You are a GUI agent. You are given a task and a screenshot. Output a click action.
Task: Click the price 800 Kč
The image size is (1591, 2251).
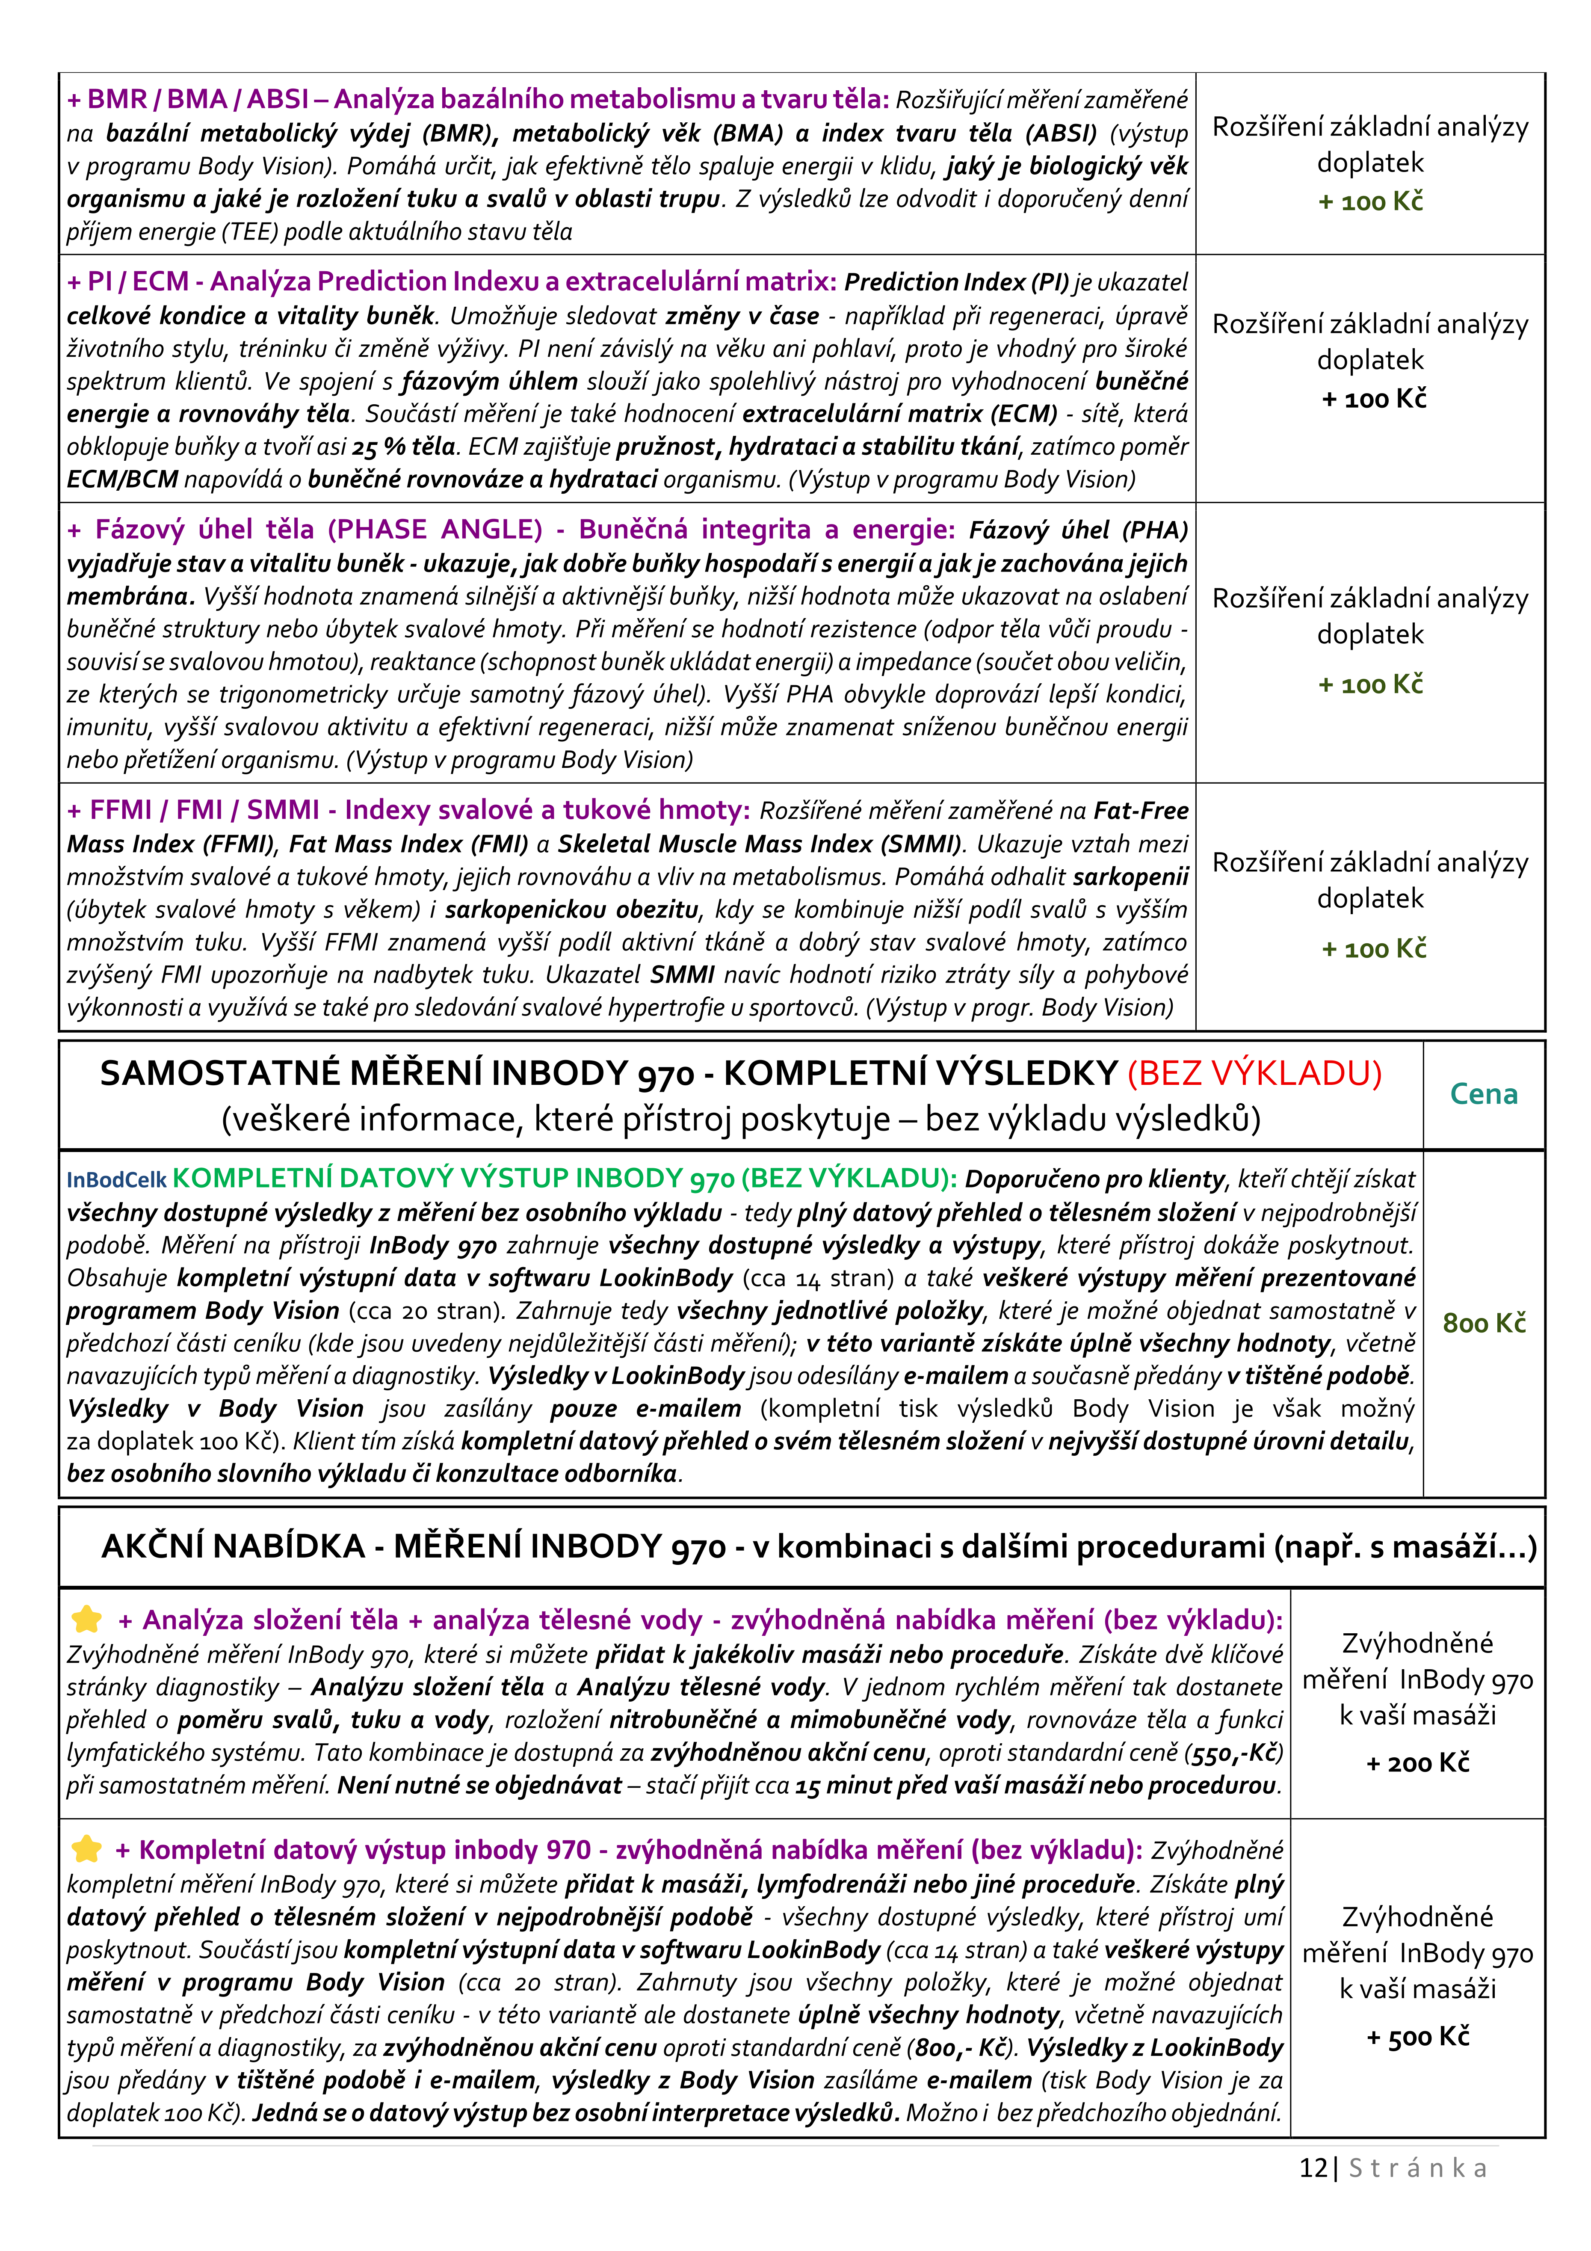[x=1483, y=1324]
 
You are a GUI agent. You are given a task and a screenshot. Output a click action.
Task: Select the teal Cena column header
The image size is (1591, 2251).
[x=1483, y=1094]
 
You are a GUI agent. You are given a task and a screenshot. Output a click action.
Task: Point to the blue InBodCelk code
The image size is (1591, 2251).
[x=117, y=1179]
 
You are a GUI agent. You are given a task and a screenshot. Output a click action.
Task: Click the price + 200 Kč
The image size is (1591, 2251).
[x=1417, y=1763]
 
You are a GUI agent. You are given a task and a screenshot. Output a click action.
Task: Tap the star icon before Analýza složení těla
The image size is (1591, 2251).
[x=87, y=1620]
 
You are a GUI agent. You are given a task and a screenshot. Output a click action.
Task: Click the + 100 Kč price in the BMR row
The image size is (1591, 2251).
[x=1370, y=202]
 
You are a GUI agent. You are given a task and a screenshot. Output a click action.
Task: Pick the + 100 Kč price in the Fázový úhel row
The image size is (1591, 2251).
[x=1370, y=684]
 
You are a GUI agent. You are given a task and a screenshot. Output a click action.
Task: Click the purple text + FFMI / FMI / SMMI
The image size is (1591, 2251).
[x=193, y=810]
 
